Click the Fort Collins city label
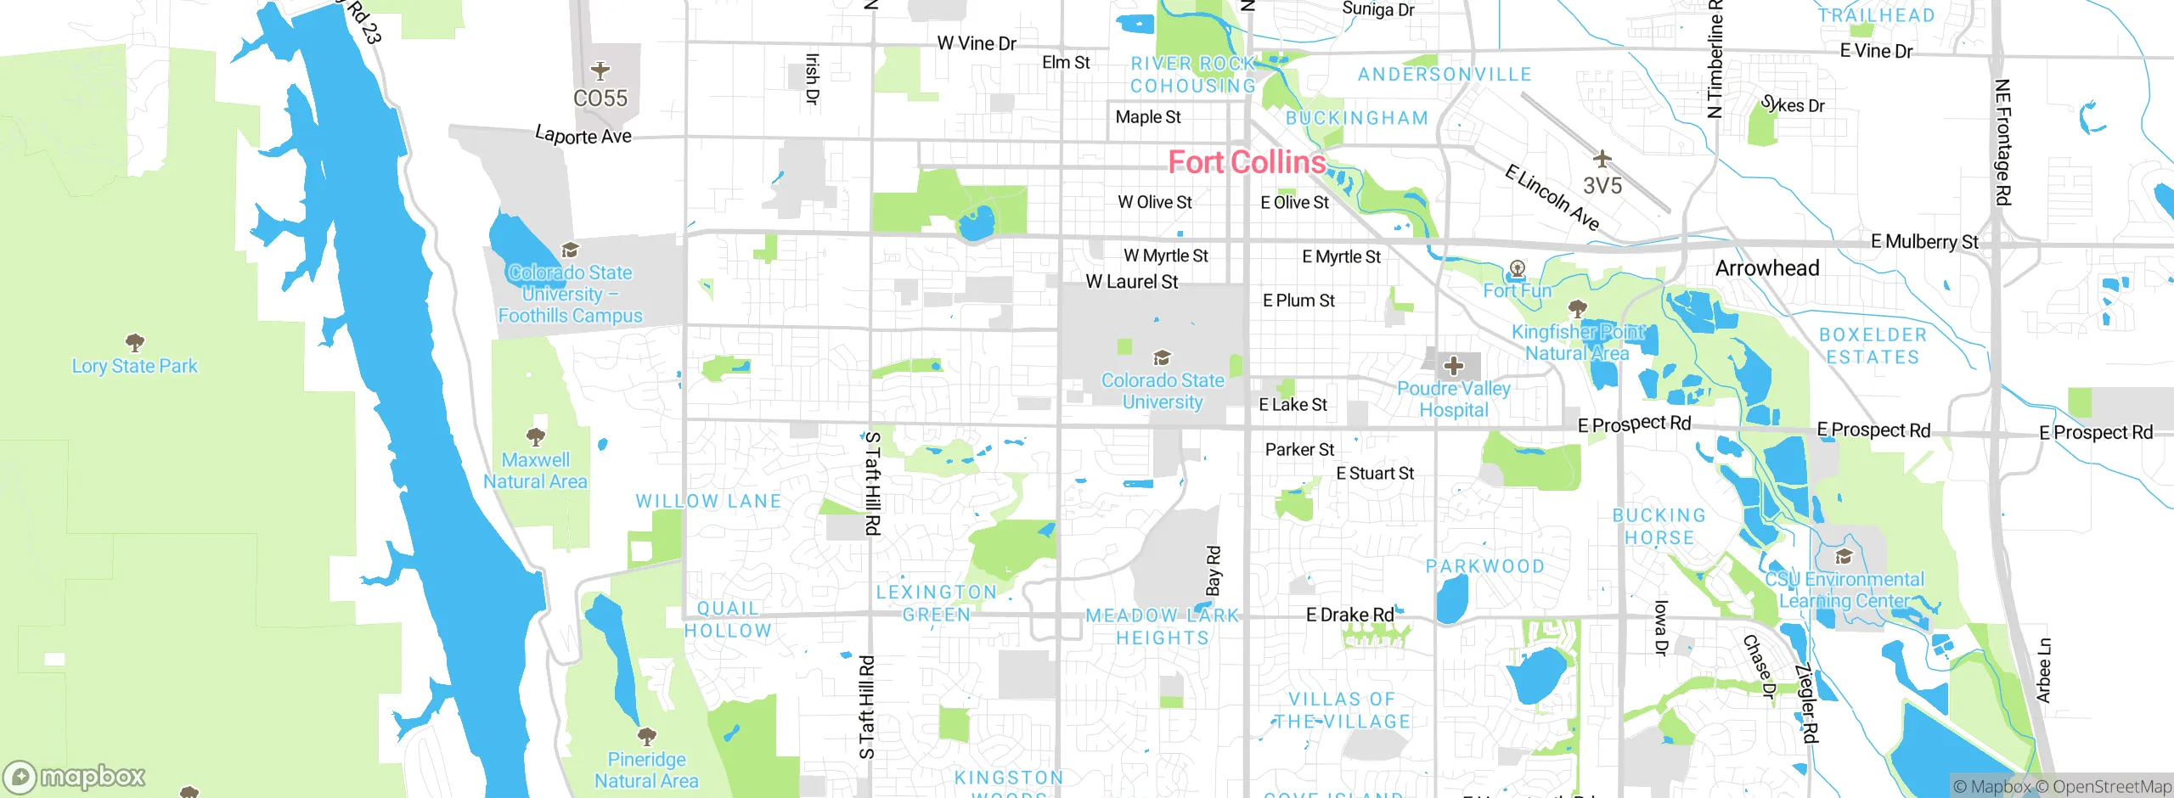[x=1247, y=162]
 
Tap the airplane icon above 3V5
[x=1602, y=159]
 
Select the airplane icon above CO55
[x=600, y=70]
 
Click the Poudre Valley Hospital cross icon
[x=1454, y=366]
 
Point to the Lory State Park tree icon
[x=134, y=343]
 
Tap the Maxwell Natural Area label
[x=535, y=470]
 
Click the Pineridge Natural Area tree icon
[x=646, y=735]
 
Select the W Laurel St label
[x=1131, y=282]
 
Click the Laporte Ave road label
[x=583, y=135]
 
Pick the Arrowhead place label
[x=1767, y=268]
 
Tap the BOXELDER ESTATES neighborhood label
[x=1873, y=346]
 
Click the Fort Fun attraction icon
[x=1517, y=270]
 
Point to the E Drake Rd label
[x=1349, y=615]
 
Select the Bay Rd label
[x=1214, y=570]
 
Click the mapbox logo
[x=75, y=776]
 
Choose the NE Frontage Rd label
[x=2002, y=142]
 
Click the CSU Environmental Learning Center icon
[x=1844, y=557]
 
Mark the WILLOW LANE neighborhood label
[x=708, y=501]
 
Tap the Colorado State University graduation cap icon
[x=1162, y=357]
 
